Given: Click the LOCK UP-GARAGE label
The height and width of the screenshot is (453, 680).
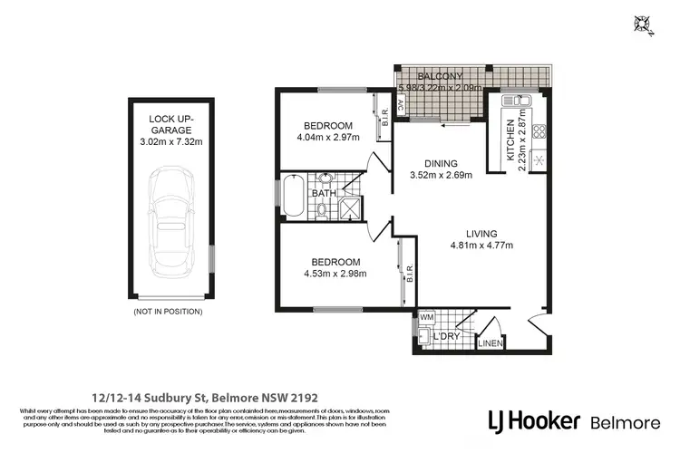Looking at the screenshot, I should [172, 124].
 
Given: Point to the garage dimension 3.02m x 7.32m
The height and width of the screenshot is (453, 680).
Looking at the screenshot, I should [172, 141].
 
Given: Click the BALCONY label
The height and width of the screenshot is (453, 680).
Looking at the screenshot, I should [441, 75].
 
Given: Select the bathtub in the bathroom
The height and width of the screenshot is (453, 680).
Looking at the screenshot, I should [296, 197].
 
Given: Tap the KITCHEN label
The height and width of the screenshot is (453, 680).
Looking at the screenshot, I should [510, 139].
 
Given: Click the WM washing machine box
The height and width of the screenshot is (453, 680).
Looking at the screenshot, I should [426, 318].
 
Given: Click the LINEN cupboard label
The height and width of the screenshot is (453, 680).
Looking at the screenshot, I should [490, 343].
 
